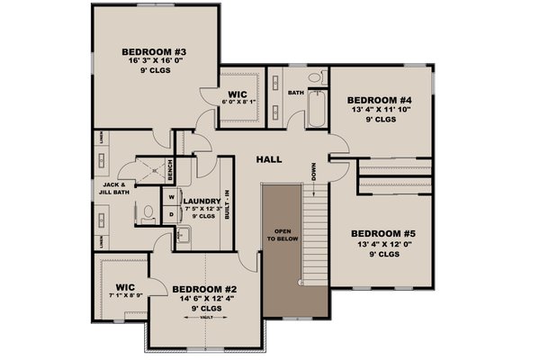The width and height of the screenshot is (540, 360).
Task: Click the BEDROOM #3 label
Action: pos(154,52)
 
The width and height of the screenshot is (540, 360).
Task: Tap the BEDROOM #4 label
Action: pos(380,100)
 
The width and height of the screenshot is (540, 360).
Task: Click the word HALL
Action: pos(269,159)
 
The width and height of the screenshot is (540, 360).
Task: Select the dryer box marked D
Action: pos(171,215)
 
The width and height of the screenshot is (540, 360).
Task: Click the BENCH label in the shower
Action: pos(169,168)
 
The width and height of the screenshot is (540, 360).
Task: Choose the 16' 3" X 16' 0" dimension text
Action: pos(154,64)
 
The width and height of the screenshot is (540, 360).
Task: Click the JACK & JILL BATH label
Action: pos(119,188)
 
